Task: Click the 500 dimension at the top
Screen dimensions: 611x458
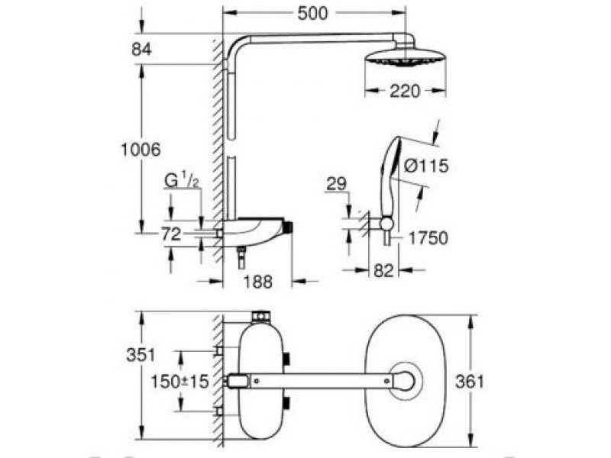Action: click(312, 14)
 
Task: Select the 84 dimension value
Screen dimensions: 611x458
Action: click(141, 50)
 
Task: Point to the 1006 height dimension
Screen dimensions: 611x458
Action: click(141, 150)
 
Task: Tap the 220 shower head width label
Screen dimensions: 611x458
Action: click(405, 91)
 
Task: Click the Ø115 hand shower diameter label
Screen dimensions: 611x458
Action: click(426, 166)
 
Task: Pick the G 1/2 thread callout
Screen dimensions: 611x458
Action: click(183, 180)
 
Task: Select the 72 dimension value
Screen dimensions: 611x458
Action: click(171, 234)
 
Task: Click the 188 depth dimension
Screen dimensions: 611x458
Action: click(257, 282)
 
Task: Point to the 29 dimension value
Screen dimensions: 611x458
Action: click(336, 183)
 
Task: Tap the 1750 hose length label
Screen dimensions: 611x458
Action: click(428, 238)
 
